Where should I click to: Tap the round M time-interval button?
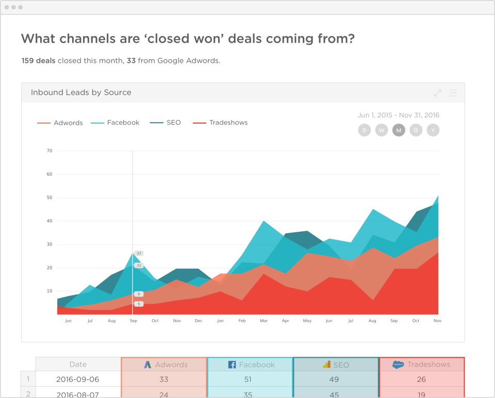click(x=399, y=130)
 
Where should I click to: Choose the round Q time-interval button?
click(x=416, y=130)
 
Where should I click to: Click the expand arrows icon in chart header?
click(x=437, y=93)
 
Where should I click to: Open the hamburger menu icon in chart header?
click(x=453, y=93)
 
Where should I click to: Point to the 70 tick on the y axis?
click(x=49, y=151)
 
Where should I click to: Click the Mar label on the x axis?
click(x=264, y=321)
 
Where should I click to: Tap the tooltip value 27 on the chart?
click(x=139, y=253)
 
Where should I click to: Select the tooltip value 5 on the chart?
click(x=139, y=304)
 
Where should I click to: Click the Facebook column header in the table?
click(x=250, y=365)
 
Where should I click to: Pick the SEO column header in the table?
click(x=336, y=365)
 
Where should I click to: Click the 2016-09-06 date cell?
click(x=78, y=379)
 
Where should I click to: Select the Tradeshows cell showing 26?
click(x=421, y=379)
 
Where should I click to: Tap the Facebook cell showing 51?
click(x=250, y=379)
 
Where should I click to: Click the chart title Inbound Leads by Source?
click(x=81, y=93)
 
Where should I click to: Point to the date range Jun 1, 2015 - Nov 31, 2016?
click(x=398, y=115)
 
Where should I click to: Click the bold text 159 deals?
click(x=38, y=61)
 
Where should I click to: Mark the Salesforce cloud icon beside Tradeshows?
click(x=398, y=365)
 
